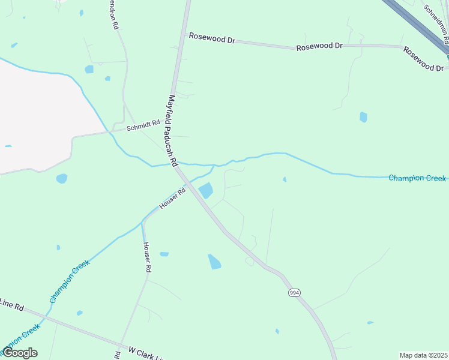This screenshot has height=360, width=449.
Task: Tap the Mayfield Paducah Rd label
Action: coord(173,131)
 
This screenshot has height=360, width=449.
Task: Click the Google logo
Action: coord(20,353)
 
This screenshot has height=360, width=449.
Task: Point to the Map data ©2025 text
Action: coord(423,355)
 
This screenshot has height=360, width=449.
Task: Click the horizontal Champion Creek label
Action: coord(417,178)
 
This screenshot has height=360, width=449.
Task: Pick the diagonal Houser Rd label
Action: coord(173,199)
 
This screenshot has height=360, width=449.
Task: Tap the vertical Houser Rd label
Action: coord(145,257)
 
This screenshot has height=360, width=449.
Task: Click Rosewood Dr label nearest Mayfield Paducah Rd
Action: coord(211,38)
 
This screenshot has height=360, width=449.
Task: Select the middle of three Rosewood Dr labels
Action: coord(319,46)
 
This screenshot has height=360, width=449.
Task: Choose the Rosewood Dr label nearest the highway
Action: coord(423,59)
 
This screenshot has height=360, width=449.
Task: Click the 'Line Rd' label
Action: coord(12,304)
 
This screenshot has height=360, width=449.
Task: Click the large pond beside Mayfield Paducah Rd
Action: coord(205,191)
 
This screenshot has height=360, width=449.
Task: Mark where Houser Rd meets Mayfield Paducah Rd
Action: coord(187,184)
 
